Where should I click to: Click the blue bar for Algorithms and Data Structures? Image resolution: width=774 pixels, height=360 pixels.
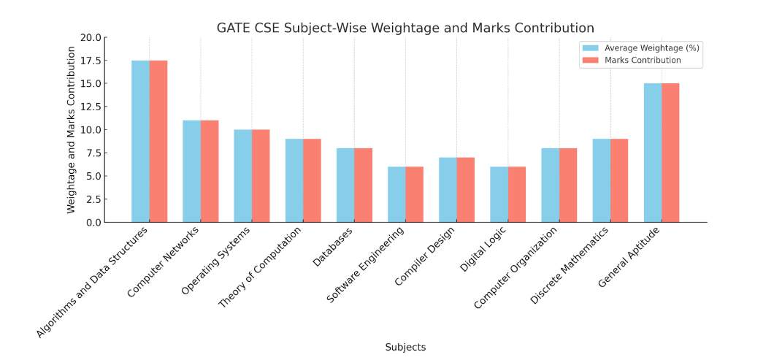click(x=140, y=141)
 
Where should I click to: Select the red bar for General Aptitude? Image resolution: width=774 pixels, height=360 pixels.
click(x=670, y=153)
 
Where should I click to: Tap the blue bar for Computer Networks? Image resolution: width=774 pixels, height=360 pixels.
click(x=191, y=171)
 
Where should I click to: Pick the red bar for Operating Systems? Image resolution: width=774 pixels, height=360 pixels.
click(x=261, y=175)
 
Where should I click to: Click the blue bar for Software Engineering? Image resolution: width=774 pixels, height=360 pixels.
click(x=396, y=194)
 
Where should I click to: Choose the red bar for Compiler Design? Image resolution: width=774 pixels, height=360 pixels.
click(x=466, y=190)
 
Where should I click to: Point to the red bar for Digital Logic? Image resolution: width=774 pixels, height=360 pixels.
click(x=517, y=194)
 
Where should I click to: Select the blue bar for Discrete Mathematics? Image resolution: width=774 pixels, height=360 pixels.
click(x=601, y=180)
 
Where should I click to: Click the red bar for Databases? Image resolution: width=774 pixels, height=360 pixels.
click(x=364, y=185)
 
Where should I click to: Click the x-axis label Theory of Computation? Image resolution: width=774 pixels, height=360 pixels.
click(x=261, y=267)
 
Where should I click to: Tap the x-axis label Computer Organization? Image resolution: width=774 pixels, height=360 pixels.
click(x=516, y=267)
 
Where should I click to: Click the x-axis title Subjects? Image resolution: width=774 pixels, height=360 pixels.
click(x=405, y=348)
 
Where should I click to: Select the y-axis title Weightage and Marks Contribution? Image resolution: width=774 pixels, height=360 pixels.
click(x=72, y=130)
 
